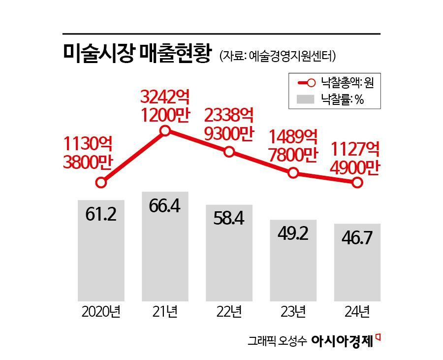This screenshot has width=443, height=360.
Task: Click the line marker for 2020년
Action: (101, 183)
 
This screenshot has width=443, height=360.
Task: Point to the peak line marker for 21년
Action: (165, 131)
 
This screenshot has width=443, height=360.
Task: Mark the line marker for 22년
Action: (229, 152)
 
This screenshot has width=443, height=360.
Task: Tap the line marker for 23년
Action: (293, 173)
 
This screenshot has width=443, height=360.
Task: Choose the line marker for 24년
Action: (357, 183)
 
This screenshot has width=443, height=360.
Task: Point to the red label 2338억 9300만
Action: (229, 125)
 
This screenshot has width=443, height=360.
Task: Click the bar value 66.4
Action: (165, 206)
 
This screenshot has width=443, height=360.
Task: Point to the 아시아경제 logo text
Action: (343, 341)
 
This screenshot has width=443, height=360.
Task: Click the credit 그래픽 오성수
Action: (277, 342)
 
